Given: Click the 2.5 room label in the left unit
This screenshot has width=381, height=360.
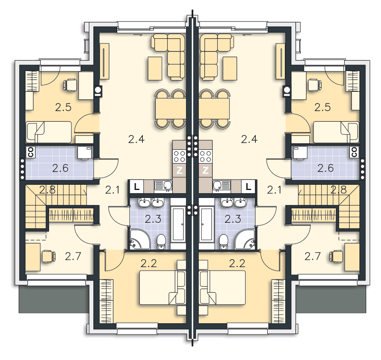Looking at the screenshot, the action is coord(63,107).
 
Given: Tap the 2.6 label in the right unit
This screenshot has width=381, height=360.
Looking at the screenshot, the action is coord(326,168).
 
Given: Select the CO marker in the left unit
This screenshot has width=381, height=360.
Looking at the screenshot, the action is coord(31,152).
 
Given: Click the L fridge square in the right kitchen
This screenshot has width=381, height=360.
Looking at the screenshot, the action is coord(248,187).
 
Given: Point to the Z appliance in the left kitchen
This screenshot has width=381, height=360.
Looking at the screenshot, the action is coord(179,170).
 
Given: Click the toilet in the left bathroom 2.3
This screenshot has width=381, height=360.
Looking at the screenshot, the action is coord(161,242).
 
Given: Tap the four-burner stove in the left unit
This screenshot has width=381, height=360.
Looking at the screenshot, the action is coord(179,156).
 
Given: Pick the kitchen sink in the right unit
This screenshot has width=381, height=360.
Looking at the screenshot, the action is coord(221,186).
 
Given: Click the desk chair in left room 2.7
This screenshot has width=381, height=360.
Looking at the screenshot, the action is coord(49,257).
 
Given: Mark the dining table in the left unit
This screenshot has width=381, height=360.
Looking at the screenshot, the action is coord(171,109).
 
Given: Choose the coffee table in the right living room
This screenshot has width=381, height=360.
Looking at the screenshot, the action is coord(230,68).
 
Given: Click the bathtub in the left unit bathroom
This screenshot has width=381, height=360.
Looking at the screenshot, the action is coord(178,224).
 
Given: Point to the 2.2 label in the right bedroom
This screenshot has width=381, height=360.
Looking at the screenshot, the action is coord(237,263).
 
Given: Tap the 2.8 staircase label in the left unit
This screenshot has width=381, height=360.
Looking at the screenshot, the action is coord(47,190).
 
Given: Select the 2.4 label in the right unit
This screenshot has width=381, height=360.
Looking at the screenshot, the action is coord(249,139).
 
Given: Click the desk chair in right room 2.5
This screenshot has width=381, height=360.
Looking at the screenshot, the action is coord(315,85).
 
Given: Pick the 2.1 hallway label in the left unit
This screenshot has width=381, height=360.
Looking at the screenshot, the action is coord(113,190).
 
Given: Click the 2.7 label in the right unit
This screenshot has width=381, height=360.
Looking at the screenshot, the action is coord(313,256).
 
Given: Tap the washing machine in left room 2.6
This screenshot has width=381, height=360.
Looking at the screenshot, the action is coord(85,153).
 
